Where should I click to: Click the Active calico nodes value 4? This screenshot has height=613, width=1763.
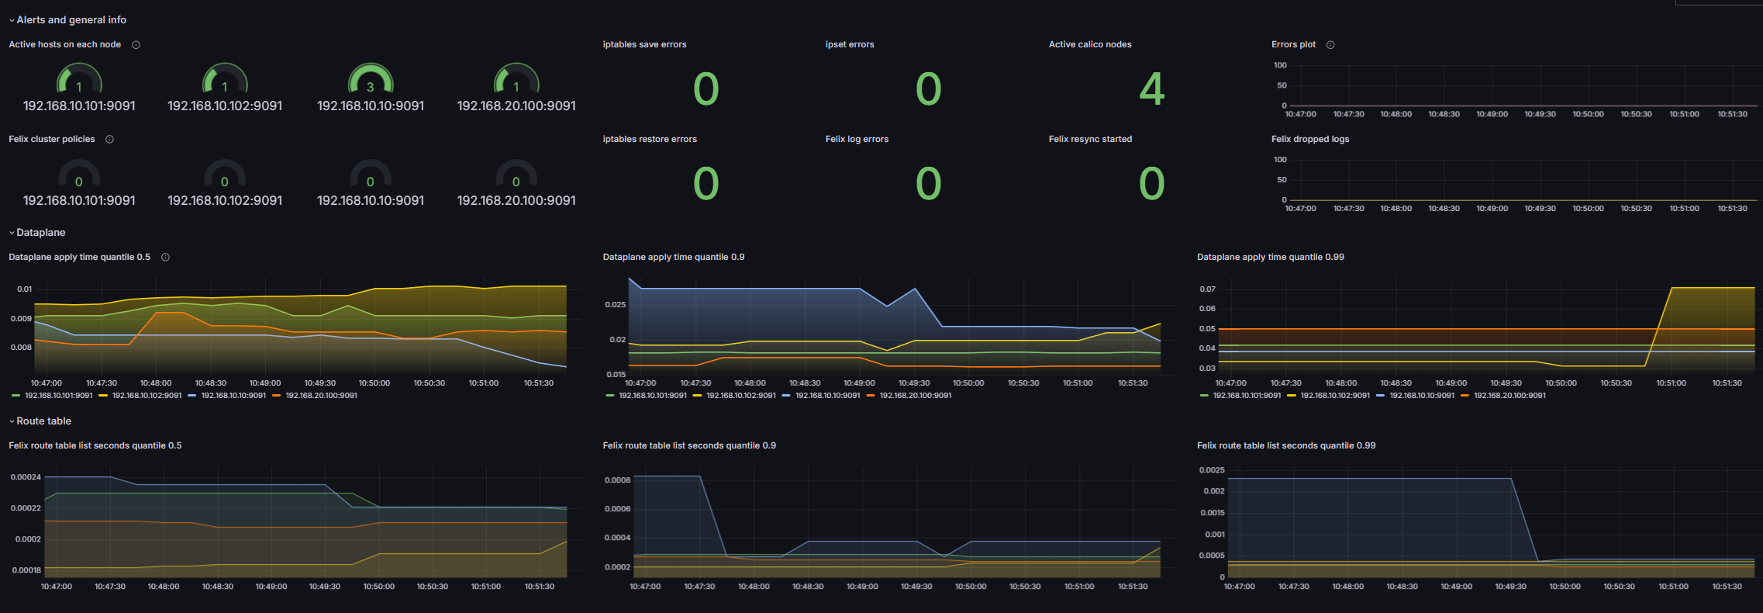[1151, 89]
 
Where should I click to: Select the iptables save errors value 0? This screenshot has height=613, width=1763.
[706, 89]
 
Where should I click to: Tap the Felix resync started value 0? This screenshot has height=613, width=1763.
[1151, 184]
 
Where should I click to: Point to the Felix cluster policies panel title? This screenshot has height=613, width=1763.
[52, 139]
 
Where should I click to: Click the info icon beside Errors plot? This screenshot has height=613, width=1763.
[1330, 45]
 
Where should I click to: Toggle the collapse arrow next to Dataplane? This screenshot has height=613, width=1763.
[12, 233]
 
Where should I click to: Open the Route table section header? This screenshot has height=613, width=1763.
[43, 421]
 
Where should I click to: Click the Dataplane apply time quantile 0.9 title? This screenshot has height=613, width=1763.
[674, 257]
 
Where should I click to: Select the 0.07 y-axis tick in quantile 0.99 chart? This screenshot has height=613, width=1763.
[1207, 289]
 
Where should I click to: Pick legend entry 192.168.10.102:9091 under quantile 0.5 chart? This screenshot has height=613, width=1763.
[147, 396]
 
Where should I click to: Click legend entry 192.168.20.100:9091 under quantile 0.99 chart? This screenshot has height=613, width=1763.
[1509, 396]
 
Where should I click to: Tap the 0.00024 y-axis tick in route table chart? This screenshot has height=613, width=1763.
[26, 477]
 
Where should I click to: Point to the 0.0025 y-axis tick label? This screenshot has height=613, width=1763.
[1212, 470]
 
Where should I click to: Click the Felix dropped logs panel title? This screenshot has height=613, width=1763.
[1310, 139]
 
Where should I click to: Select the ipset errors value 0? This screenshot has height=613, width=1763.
[928, 89]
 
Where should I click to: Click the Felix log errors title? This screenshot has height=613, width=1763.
[857, 139]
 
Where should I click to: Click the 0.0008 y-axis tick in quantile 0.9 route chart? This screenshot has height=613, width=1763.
[617, 480]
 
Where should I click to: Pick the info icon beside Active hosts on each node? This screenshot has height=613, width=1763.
[136, 45]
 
